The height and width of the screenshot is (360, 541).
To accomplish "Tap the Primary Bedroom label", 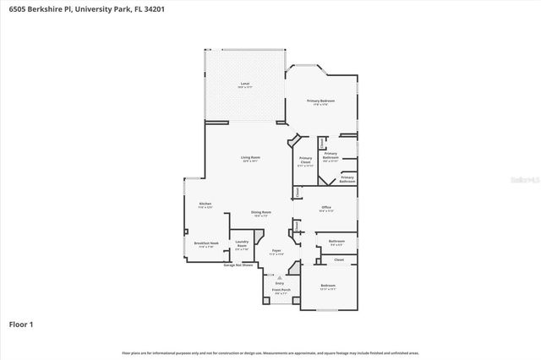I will (320, 101).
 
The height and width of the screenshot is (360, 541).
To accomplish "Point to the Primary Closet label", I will (305, 161).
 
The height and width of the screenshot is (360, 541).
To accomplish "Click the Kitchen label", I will (205, 205).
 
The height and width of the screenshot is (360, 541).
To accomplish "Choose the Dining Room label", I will (260, 213).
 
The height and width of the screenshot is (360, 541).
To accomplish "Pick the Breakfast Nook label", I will (206, 243).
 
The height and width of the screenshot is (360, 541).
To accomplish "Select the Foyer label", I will (276, 251).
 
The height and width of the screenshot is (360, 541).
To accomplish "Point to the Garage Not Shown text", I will (238, 265).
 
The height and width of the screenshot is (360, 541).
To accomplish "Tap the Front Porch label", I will (280, 291).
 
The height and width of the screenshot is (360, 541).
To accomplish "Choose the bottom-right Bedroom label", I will (328, 286).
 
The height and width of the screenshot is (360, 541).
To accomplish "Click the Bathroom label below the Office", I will (336, 243).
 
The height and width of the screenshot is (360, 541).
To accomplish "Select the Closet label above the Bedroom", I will (338, 259).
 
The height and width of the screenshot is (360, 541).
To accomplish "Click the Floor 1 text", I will (21, 323).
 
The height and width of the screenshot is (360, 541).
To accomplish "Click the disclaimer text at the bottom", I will (270, 352).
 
